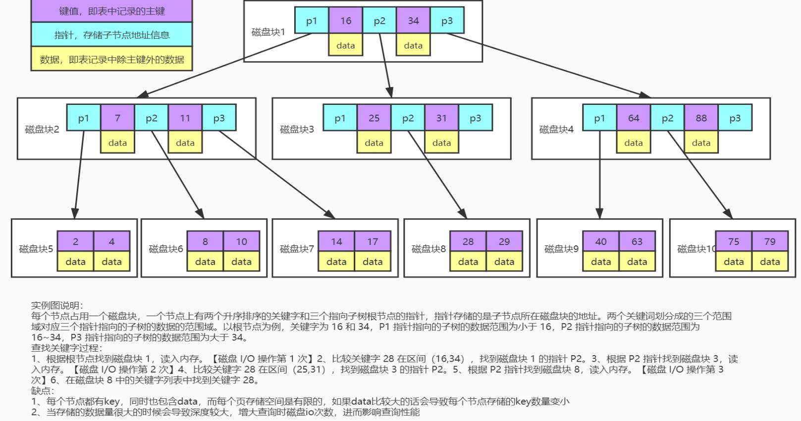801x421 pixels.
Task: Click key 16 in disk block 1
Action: click(x=346, y=21)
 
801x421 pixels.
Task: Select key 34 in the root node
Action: click(x=413, y=21)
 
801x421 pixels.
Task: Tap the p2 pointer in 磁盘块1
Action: click(x=379, y=21)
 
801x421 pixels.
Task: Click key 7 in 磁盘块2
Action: click(x=117, y=118)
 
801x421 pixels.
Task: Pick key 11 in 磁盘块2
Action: click(x=185, y=118)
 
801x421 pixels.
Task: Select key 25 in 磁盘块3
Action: click(x=374, y=118)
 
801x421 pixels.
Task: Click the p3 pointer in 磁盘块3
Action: click(x=475, y=118)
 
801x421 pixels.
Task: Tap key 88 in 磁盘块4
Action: click(x=701, y=118)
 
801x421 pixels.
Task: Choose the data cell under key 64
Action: click(x=634, y=143)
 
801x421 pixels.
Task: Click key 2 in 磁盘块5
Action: click(x=75, y=241)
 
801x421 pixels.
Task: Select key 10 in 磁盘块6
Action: click(x=241, y=241)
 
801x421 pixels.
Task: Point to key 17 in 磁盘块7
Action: click(x=373, y=241)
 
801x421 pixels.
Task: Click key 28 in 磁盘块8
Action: click(x=468, y=241)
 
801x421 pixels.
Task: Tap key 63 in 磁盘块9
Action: click(x=637, y=241)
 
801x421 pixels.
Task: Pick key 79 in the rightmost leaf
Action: click(x=770, y=241)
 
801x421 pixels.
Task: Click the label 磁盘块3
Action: click(x=297, y=130)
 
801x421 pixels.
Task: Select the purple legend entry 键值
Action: click(x=111, y=11)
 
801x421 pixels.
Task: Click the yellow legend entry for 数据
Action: click(x=111, y=59)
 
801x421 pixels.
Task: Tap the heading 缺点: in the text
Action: click(x=43, y=391)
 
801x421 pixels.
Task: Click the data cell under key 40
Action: click(x=601, y=262)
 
